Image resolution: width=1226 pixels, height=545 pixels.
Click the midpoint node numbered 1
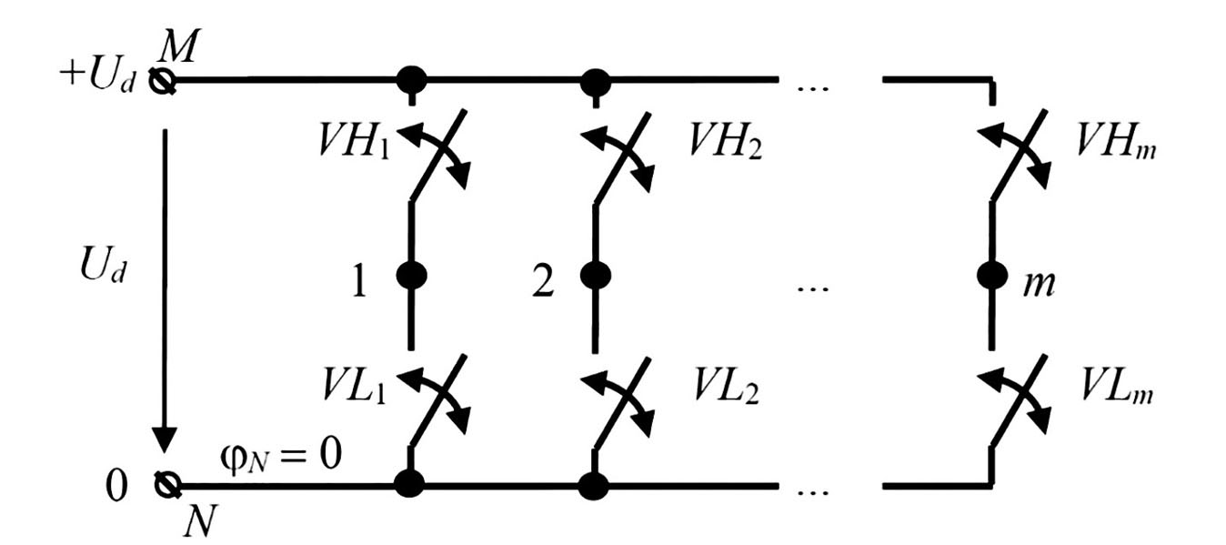pos(412,276)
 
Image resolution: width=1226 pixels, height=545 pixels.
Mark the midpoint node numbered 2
pos(596,276)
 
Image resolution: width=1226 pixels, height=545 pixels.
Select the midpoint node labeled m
pos(991,276)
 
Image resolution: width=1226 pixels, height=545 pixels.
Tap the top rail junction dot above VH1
pos(412,80)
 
